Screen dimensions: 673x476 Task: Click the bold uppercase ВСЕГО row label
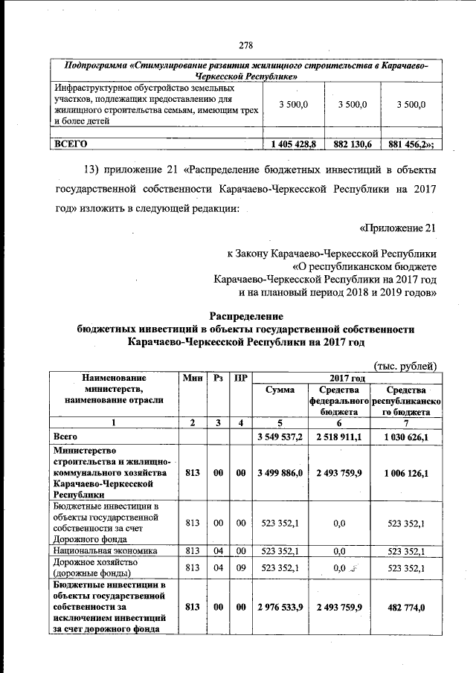pos(68,144)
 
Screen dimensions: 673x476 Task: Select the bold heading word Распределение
pos(246,315)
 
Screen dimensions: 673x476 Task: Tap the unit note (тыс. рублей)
pos(404,364)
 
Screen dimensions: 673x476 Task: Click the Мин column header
pos(192,378)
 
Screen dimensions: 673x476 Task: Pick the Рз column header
pos(219,378)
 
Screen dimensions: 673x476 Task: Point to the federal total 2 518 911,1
pos(339,436)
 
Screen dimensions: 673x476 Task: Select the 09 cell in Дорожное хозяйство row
pos(241,568)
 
